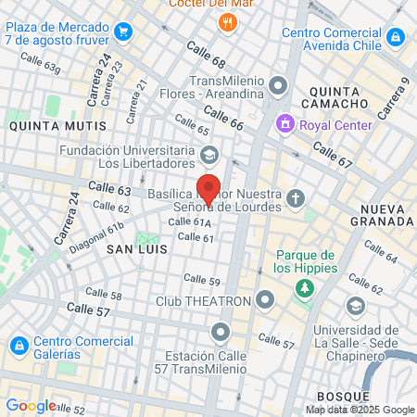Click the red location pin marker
coord(208,188)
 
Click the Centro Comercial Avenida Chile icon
coord(397,37)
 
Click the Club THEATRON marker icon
coord(266,300)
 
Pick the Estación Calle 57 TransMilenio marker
coord(221,331)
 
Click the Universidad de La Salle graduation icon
coord(355,306)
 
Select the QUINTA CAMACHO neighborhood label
coord(341,98)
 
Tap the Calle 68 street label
coord(205,56)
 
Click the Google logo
coord(31,405)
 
